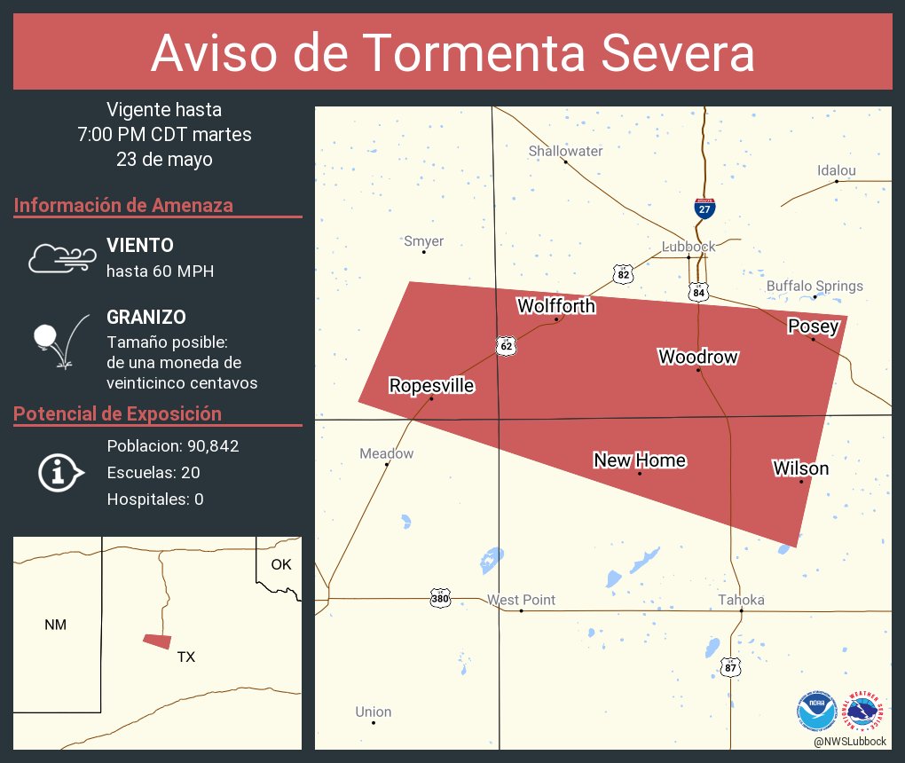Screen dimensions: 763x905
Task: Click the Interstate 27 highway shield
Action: click(704, 208)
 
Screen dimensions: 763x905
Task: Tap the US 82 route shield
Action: click(624, 274)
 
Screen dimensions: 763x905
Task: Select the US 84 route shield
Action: click(699, 291)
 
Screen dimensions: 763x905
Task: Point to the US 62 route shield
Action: click(506, 346)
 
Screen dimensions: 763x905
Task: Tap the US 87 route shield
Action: click(729, 667)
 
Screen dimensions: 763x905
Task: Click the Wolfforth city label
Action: click(556, 306)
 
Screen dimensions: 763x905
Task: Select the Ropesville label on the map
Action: click(431, 386)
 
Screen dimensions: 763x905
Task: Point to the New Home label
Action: click(639, 460)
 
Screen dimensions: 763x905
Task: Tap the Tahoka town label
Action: click(742, 600)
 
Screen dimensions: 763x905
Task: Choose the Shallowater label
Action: click(565, 151)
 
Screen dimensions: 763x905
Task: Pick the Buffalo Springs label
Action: click(814, 286)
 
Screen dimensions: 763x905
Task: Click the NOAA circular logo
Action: click(816, 712)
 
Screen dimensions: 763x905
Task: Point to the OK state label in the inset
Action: click(280, 564)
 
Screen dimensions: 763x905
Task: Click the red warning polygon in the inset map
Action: click(157, 641)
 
